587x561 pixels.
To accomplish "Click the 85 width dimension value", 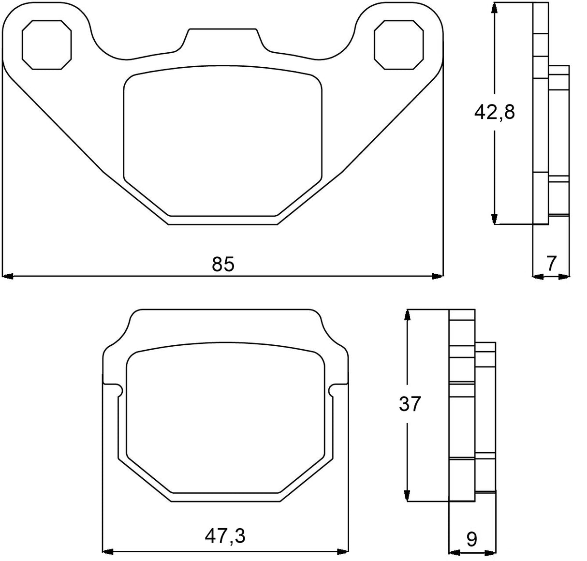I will [x=223, y=264].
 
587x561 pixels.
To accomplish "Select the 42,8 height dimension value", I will [x=495, y=112].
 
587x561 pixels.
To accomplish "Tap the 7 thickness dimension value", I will [x=551, y=264].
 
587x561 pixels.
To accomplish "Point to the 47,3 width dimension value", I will [x=225, y=536].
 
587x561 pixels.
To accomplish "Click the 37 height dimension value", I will [x=410, y=404].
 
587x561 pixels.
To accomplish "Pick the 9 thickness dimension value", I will [x=472, y=539].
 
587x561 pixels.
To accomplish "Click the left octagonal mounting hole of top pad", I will [x=47, y=44].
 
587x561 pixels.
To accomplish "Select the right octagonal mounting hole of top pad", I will [x=399, y=44].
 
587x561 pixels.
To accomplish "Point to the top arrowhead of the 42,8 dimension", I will [x=494, y=8].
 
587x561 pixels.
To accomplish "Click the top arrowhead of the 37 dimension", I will [x=408, y=315].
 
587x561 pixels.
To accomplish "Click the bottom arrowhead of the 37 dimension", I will [x=408, y=495].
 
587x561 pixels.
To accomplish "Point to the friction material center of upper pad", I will [x=223, y=143].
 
